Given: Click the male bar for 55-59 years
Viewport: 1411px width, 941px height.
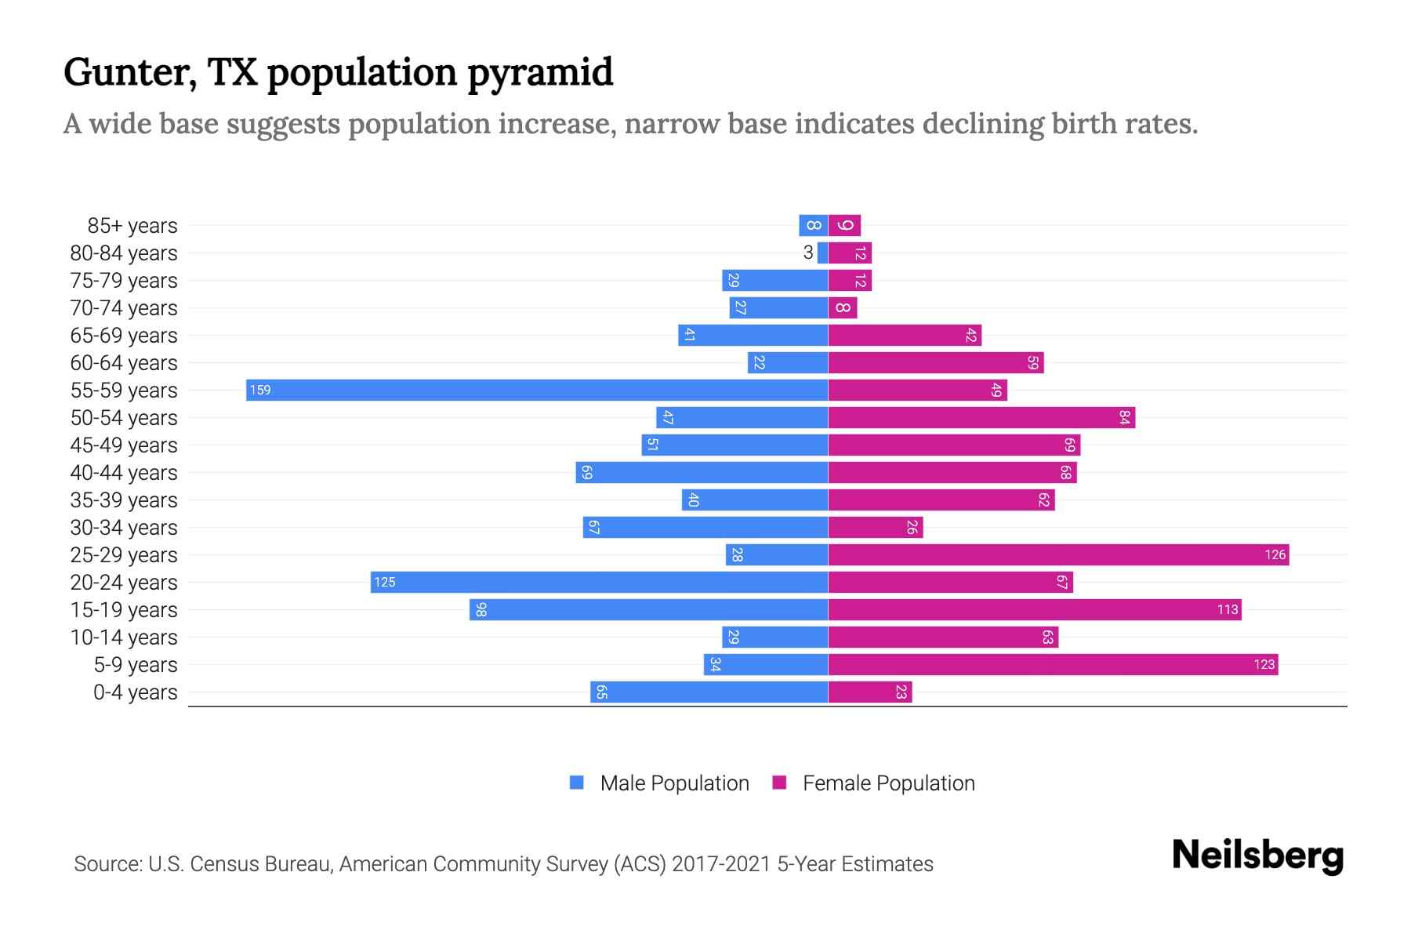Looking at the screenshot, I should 537,390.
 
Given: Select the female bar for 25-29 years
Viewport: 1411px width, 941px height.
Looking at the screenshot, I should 1058,554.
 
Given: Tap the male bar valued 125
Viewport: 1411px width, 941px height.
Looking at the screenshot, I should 600,582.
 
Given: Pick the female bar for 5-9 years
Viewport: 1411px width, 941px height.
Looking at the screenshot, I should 1053,664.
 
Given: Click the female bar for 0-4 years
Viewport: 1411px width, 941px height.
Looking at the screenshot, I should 870,692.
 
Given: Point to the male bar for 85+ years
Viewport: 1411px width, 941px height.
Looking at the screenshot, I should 814,225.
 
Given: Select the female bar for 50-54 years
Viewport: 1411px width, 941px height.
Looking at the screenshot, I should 981,417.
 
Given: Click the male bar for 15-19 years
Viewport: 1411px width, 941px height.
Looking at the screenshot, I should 649,609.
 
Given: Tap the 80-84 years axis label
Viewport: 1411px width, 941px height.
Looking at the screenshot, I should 124,253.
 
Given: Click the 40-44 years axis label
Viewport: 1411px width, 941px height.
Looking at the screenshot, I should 124,473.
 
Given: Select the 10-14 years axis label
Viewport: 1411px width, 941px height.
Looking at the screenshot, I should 124,638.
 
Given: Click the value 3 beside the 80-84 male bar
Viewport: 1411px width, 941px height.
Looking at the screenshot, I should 808,253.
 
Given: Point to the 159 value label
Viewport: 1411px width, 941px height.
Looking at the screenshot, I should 260,390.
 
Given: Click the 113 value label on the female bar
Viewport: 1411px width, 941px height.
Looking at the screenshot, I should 1228,609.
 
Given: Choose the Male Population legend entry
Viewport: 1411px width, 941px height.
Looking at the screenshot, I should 674,783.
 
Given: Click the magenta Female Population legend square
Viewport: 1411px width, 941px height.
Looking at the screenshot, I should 779,783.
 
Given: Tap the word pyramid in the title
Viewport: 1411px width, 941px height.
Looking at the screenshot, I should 540,73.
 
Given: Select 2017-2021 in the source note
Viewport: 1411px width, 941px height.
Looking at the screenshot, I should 720,864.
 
